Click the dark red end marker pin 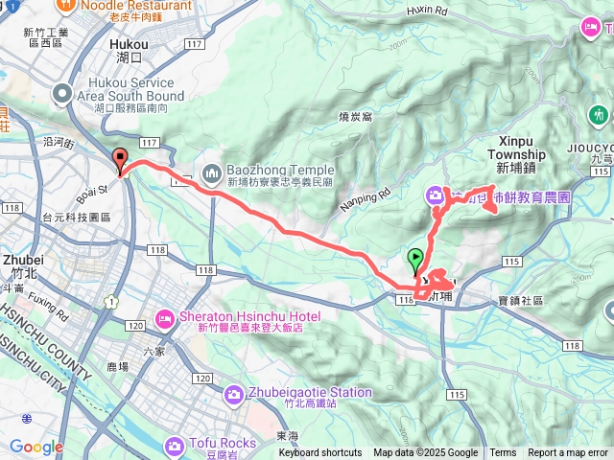pyautogui.click(x=121, y=161)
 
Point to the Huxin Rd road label pyautogui.click(x=428, y=11)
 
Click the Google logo pyautogui.click(x=36, y=447)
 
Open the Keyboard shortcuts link pyautogui.click(x=320, y=453)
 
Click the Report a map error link pyautogui.click(x=568, y=453)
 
